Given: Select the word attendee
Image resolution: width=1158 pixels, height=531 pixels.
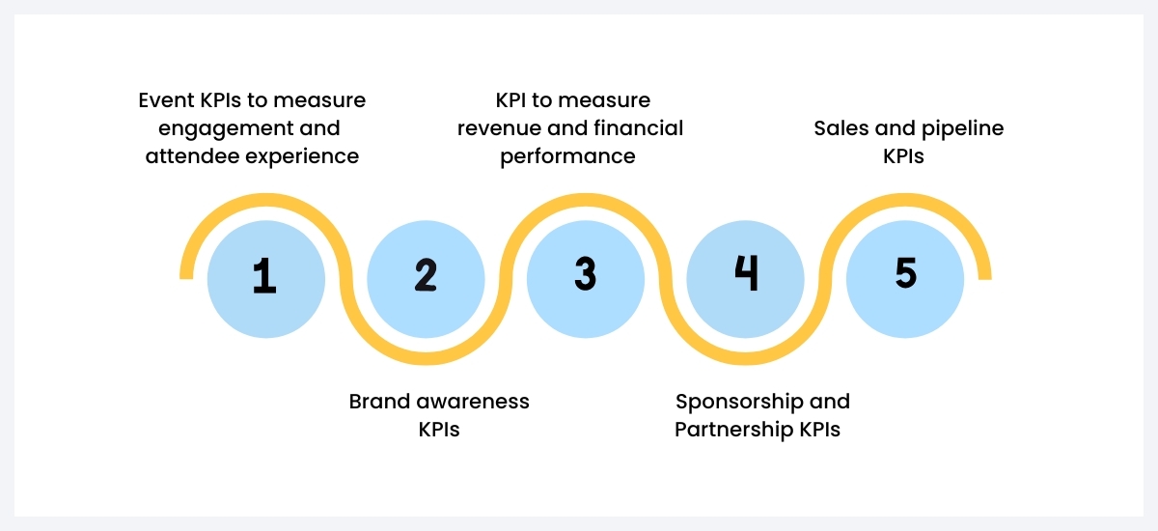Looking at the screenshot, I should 187,156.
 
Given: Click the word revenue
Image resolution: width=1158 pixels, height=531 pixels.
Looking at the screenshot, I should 499,128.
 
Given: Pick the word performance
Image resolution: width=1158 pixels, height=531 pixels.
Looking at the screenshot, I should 567,156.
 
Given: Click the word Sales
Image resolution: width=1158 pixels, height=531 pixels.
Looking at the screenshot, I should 840,128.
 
